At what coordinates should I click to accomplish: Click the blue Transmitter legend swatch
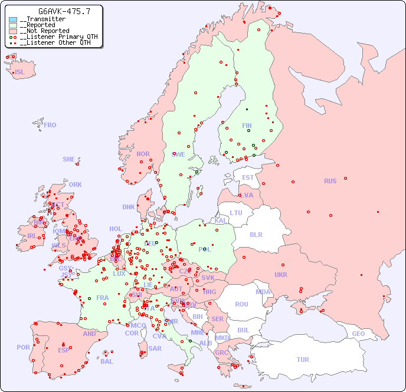click(x=13, y=19)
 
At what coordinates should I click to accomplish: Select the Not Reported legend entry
click(x=44, y=31)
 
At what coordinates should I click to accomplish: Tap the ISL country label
click(x=20, y=73)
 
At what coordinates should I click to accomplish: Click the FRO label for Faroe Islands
click(x=50, y=125)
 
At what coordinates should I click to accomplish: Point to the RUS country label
click(x=330, y=181)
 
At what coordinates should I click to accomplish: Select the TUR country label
click(x=303, y=360)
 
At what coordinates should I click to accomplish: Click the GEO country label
click(x=358, y=334)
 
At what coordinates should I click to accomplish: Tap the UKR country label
click(x=281, y=275)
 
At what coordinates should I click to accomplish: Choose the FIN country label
click(x=247, y=126)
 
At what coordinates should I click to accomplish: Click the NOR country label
click(x=143, y=154)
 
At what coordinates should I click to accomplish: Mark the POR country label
click(x=23, y=347)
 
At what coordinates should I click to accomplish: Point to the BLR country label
click(x=256, y=234)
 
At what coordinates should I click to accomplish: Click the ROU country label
click(x=241, y=304)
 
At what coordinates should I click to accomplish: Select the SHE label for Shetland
click(x=69, y=159)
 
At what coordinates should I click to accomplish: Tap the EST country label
click(x=248, y=177)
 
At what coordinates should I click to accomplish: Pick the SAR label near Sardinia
click(x=155, y=348)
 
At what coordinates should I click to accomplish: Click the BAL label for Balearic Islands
click(x=106, y=361)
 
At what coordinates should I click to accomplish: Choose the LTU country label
click(x=236, y=213)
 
